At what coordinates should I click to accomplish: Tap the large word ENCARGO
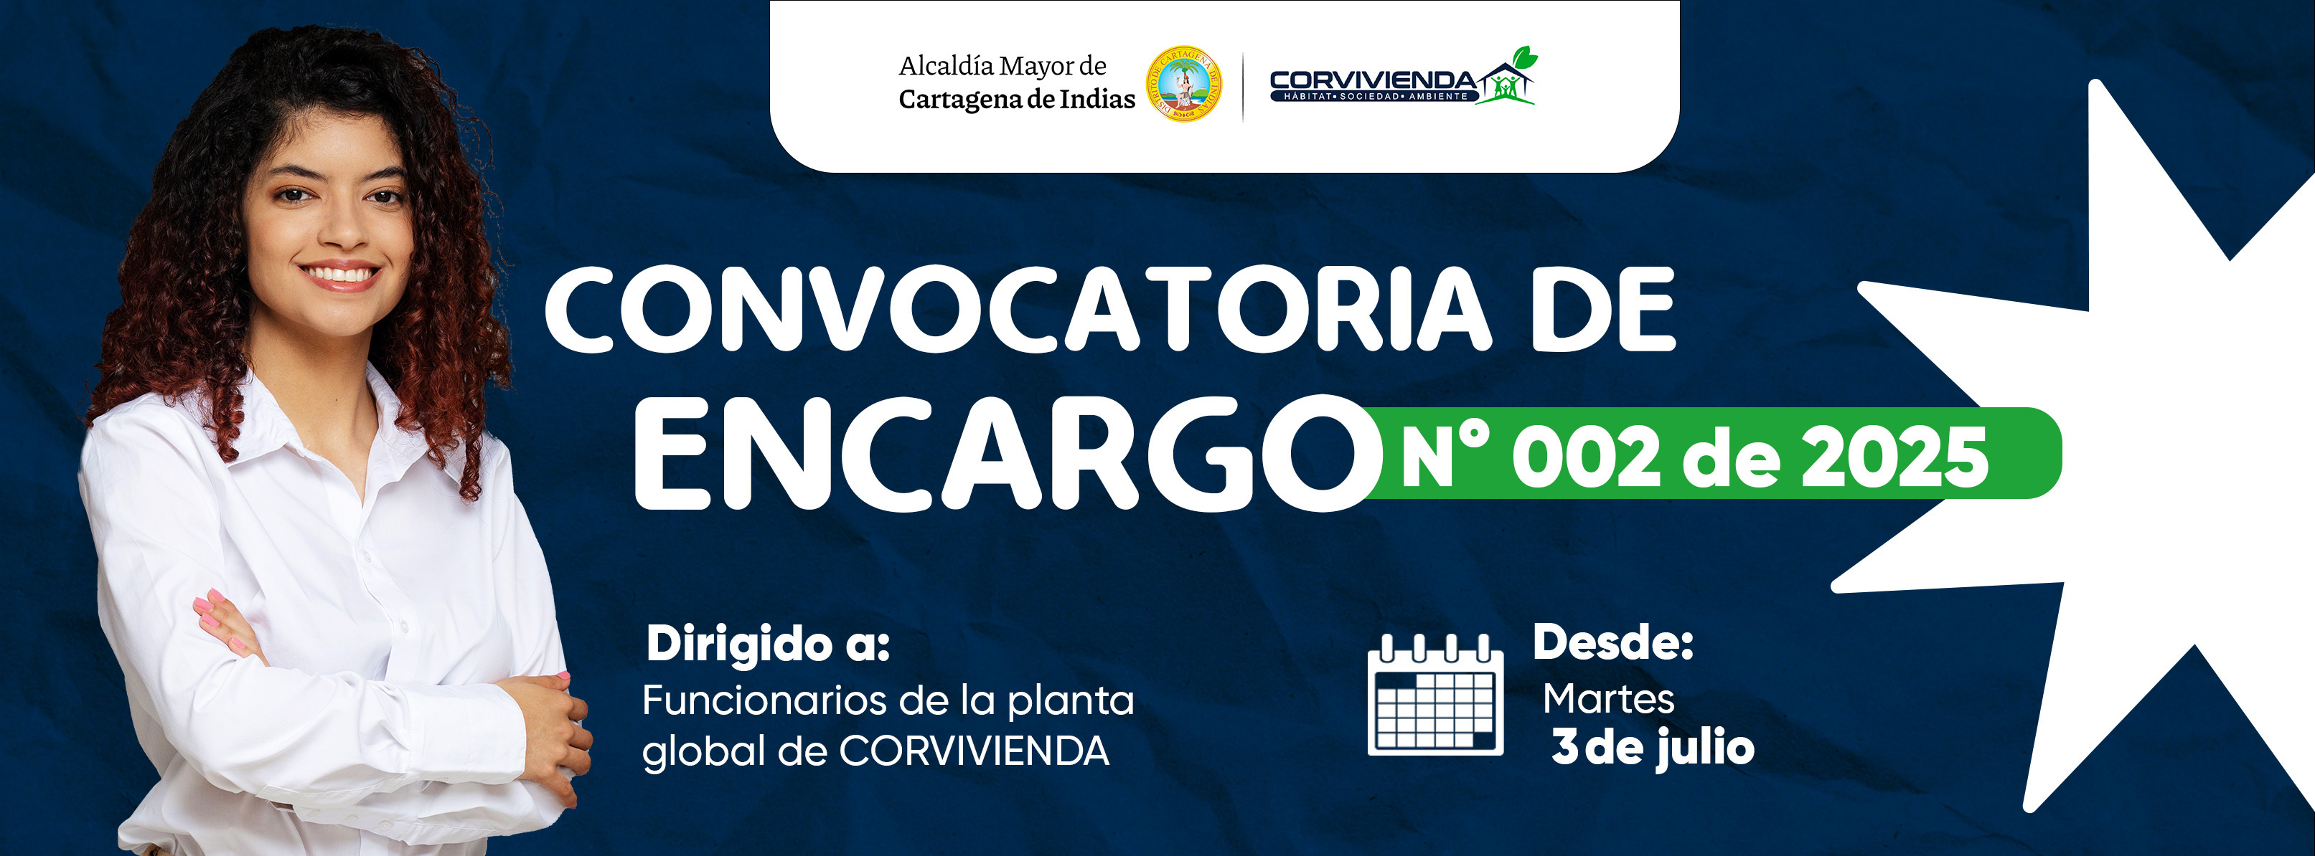pos(1007,454)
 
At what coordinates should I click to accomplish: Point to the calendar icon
pos(1435,694)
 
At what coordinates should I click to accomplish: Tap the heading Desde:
pos(1613,642)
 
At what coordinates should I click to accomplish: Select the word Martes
pos(1609,699)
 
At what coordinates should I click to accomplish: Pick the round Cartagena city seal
pos(1183,85)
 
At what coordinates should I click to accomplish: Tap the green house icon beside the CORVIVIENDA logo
pos(1507,78)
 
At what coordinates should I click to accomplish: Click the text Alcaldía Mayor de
pos(1002,65)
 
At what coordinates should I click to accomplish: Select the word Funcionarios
pos(764,700)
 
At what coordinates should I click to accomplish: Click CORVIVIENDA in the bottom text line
pos(975,751)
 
